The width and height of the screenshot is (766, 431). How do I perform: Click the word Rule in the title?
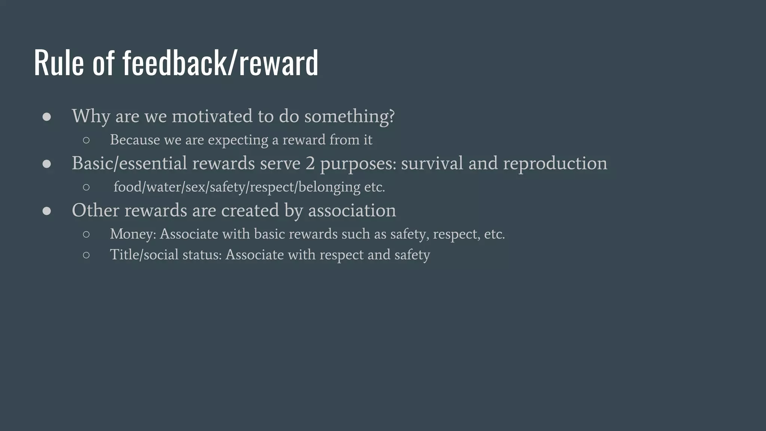[59, 63]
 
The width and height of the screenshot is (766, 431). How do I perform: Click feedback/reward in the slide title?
[220, 63]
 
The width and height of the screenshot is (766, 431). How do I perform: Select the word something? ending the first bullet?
[349, 116]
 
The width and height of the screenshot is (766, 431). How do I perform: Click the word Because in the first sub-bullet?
[135, 140]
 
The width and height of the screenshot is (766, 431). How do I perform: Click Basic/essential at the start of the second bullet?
[129, 163]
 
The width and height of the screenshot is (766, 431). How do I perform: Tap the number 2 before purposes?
[310, 163]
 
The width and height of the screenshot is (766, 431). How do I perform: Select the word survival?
[432, 163]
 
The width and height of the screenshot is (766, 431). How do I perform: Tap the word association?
[352, 210]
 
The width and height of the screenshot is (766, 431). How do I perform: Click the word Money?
[133, 234]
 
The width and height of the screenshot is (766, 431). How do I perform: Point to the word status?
[202, 255]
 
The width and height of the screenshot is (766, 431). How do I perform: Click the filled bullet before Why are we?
[47, 117]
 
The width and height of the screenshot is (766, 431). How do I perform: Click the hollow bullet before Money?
[86, 235]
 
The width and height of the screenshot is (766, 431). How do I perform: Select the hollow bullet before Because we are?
[86, 140]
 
